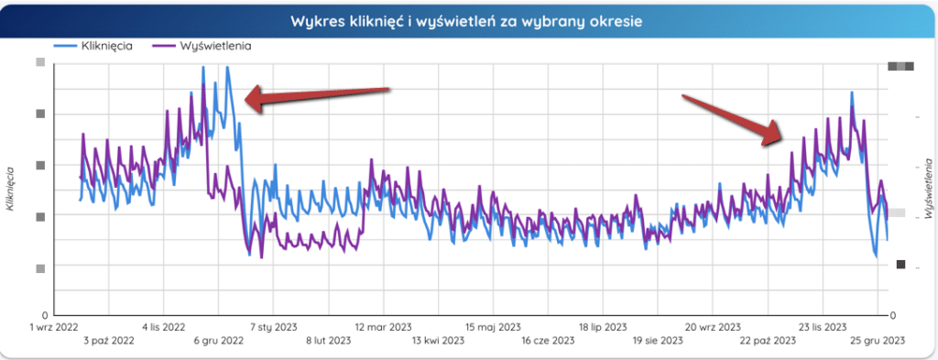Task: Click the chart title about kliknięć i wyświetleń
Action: coord(468,19)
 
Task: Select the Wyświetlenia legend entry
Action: coord(213,44)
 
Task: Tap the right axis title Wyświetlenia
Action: coord(928,189)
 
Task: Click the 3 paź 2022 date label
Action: coord(109,341)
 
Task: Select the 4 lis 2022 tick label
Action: coord(166,326)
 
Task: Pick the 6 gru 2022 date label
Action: coord(218,341)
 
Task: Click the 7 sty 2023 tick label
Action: coord(274,326)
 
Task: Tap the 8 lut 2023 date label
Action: coord(327,341)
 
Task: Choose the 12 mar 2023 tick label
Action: coord(383,326)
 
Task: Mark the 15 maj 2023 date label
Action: coord(492,326)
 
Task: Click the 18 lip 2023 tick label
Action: coord(602,326)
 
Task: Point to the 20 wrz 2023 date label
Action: coord(713,326)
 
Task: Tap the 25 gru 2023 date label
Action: coord(877,341)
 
